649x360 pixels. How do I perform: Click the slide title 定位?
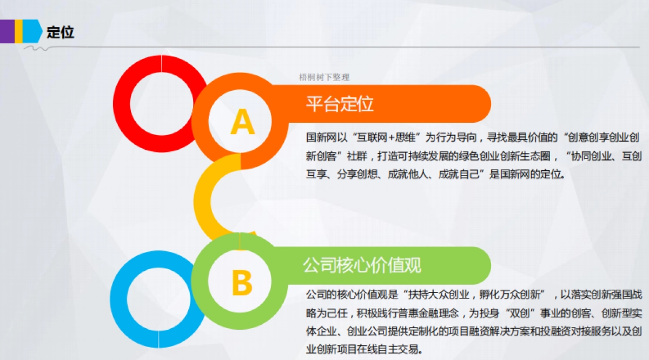tap(60, 32)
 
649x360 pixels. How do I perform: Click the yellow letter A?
tap(242, 122)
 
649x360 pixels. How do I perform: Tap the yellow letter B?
tap(242, 283)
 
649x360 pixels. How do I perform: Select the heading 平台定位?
tap(340, 103)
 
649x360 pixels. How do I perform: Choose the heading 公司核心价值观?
tap(362, 265)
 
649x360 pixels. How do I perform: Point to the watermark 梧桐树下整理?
tap(324, 77)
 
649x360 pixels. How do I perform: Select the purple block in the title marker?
tap(7, 31)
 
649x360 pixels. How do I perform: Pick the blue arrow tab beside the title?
tap(33, 31)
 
